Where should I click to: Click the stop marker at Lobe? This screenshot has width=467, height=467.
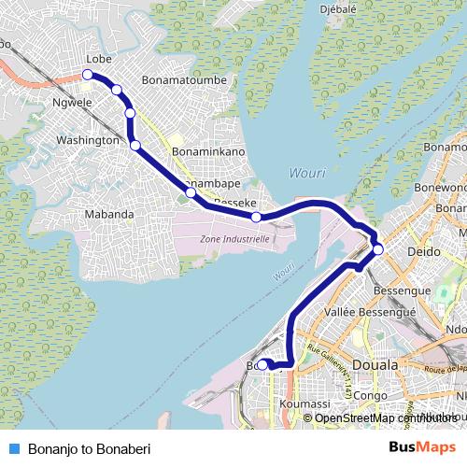tap(88, 73)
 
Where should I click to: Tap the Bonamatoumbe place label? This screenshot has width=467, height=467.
tap(186, 80)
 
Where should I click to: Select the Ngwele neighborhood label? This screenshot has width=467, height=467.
tap(72, 103)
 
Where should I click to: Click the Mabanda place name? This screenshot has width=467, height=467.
tap(108, 214)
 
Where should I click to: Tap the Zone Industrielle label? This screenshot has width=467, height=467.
tap(234, 239)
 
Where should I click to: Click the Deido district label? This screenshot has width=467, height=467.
tap(424, 252)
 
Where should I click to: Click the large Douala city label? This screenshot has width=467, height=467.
tap(375, 363)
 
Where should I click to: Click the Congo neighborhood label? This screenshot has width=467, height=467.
tap(370, 395)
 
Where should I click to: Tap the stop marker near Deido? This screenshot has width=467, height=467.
tap(378, 248)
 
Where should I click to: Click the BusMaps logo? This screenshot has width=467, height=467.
tap(422, 447)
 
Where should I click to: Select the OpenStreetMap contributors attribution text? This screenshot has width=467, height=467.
tap(379, 417)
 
